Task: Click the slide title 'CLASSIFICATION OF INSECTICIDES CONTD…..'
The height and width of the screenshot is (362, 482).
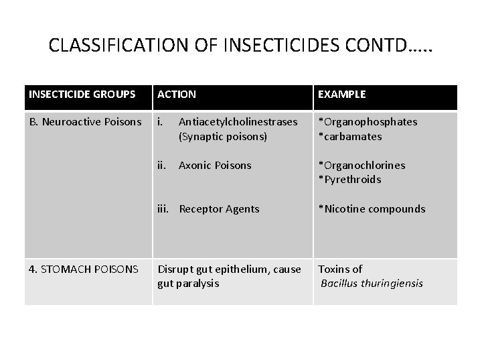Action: click(241, 46)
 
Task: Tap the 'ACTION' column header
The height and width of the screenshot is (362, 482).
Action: click(177, 95)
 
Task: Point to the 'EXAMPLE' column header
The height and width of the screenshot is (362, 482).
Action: click(342, 95)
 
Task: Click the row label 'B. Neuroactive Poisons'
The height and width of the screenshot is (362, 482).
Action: click(85, 122)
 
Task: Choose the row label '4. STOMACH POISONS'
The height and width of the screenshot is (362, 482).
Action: click(84, 269)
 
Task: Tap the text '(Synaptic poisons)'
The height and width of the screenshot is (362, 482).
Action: click(223, 136)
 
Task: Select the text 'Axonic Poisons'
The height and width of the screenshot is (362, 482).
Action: click(215, 165)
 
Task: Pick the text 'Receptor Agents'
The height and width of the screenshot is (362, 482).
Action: click(219, 209)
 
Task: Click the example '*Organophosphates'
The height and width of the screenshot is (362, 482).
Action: click(368, 122)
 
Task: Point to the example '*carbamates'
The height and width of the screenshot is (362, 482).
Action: click(350, 136)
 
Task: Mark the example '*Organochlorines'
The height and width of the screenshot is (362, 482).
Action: click(361, 165)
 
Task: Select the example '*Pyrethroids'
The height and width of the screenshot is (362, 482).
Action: click(349, 179)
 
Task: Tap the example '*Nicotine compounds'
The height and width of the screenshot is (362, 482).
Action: click(372, 209)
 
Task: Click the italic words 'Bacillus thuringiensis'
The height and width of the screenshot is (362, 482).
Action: click(372, 284)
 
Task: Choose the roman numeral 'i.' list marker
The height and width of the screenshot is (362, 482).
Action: click(160, 122)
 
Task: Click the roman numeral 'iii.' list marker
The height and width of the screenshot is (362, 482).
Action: click(163, 209)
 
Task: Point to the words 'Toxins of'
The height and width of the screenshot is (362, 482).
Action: click(340, 269)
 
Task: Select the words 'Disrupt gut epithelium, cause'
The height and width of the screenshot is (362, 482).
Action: click(229, 269)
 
